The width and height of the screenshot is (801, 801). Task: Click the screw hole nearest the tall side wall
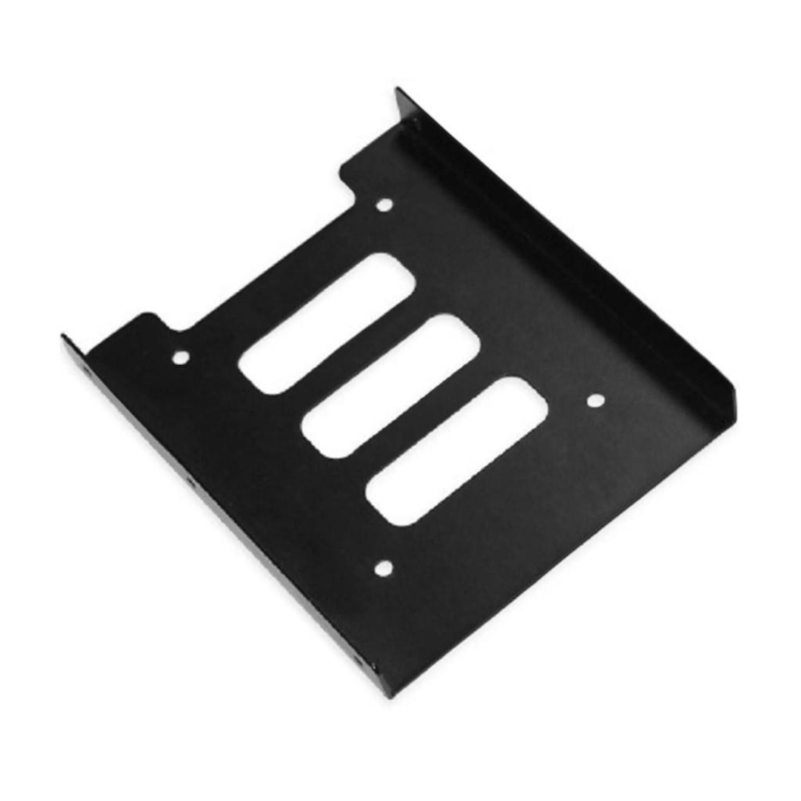(x=595, y=399)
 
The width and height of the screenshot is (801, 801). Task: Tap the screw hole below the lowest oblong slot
(x=384, y=569)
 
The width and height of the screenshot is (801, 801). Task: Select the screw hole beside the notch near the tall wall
(x=384, y=205)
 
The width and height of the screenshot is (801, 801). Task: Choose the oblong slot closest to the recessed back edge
(x=326, y=323)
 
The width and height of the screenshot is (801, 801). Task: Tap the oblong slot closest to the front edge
(x=457, y=450)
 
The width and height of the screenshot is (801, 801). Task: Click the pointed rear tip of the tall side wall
(x=398, y=91)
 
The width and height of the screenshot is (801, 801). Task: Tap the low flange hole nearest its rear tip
(x=87, y=373)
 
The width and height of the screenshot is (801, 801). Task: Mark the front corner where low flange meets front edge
(x=388, y=694)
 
